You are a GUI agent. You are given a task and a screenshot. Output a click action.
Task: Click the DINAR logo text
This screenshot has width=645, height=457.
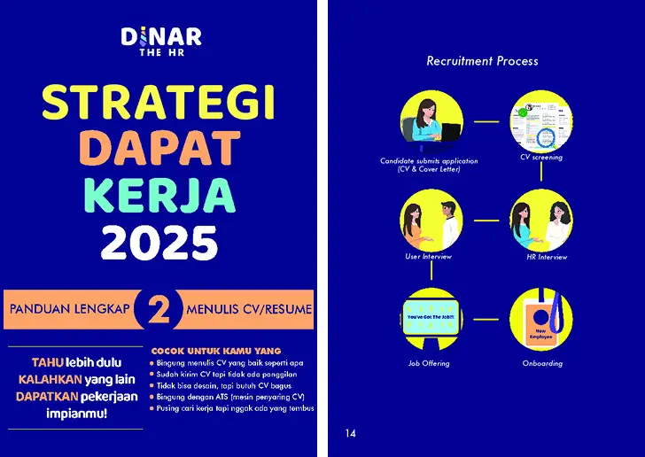161,36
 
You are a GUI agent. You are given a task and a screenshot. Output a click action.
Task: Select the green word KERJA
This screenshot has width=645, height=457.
159,195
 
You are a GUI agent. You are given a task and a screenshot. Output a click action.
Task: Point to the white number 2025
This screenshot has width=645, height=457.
159,241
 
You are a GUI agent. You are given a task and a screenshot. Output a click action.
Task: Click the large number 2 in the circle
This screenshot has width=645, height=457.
159,310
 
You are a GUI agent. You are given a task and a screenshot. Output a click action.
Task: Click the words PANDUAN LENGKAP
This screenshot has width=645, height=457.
69,310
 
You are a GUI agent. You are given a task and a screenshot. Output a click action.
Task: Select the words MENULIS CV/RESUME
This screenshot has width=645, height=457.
249,310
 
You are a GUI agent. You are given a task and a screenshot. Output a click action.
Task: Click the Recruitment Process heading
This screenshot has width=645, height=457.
482,61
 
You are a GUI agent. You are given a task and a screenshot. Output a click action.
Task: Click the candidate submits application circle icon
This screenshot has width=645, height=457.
431,122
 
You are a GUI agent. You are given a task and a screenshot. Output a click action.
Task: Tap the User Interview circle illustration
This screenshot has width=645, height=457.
431,221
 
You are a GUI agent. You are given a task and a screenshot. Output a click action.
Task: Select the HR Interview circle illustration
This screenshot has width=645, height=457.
540,221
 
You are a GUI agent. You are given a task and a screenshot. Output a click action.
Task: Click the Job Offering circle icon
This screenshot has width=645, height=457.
431,320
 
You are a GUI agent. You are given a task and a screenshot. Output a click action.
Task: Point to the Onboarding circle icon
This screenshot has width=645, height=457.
540,320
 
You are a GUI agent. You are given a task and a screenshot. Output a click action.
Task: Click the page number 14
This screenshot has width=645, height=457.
351,433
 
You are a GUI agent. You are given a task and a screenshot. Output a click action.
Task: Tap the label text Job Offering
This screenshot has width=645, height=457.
429,363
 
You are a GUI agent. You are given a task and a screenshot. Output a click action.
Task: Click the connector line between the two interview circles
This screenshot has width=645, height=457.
486,221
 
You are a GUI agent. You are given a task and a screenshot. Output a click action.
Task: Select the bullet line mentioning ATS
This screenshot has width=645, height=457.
230,397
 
